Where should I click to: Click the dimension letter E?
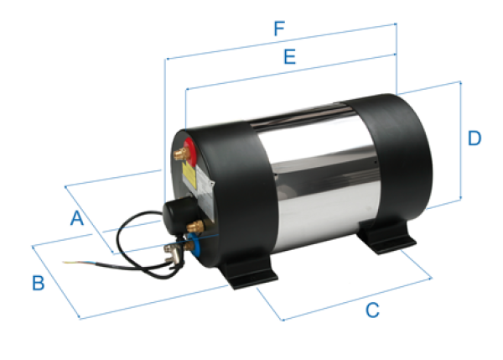[289, 58]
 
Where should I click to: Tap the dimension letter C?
[372, 310]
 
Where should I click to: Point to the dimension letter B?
[38, 283]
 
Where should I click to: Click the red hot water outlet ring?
[188, 152]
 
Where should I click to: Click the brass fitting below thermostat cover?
[198, 225]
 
